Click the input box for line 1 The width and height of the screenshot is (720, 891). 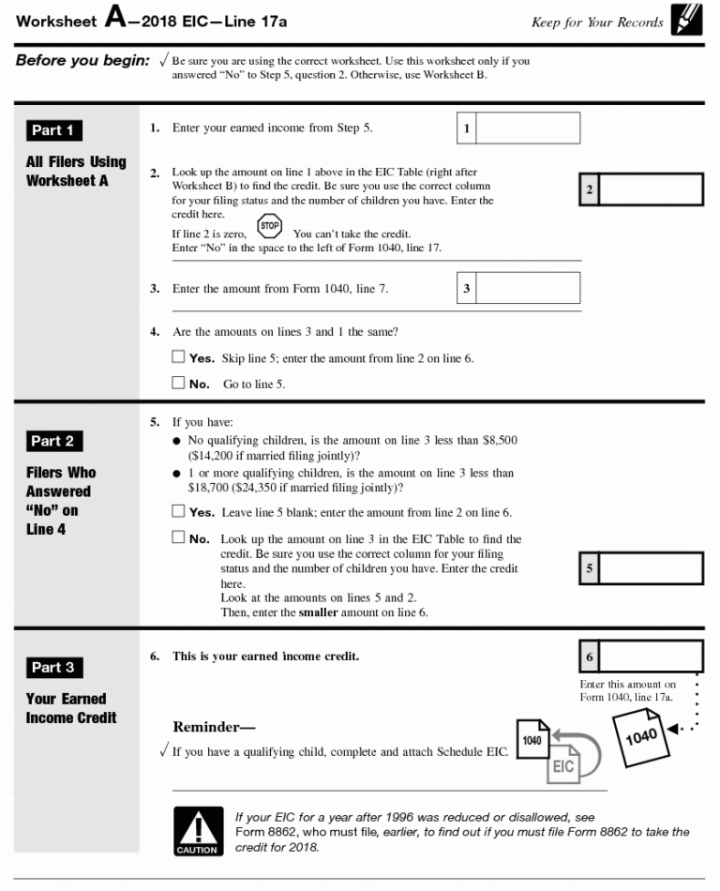[528, 128]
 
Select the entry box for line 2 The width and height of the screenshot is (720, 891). [651, 189]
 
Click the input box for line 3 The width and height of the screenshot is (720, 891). [528, 288]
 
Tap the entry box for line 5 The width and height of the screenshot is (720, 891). [651, 568]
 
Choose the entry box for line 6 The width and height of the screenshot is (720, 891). [651, 657]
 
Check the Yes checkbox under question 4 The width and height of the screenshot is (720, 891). [179, 357]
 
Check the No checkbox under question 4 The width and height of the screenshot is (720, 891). [179, 383]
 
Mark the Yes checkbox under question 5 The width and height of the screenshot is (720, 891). [179, 511]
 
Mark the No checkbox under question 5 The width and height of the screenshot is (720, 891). [179, 537]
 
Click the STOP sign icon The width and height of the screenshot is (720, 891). [270, 226]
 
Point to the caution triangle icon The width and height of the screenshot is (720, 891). [199, 831]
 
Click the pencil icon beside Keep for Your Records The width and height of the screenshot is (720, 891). [682, 21]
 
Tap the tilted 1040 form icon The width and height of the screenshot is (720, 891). [640, 736]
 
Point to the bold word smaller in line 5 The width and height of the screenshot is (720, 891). [318, 612]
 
